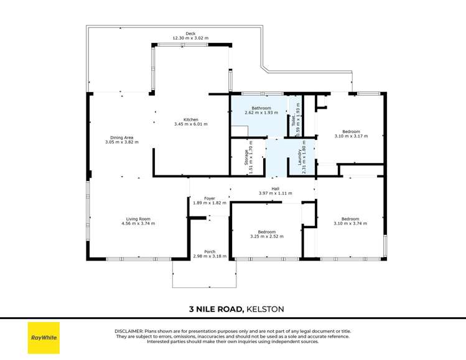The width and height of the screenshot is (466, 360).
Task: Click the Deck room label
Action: coord(190,34)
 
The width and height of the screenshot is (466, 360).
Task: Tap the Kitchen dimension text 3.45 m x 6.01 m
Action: coord(190,124)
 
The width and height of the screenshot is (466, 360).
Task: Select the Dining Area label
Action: coord(122,137)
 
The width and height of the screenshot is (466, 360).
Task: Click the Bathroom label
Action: coord(261,108)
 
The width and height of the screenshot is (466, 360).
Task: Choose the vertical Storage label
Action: coord(246,159)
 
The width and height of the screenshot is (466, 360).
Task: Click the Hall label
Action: coord(275,188)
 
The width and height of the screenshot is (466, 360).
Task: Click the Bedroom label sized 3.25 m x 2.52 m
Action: coord(267,232)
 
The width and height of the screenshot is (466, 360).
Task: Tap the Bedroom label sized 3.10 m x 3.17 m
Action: coord(352,131)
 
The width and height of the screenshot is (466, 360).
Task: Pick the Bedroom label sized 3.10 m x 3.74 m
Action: coord(350,218)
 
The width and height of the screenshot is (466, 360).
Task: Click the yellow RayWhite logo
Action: coord(44,338)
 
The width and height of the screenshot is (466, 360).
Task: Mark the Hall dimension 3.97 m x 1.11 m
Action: coord(275,193)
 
